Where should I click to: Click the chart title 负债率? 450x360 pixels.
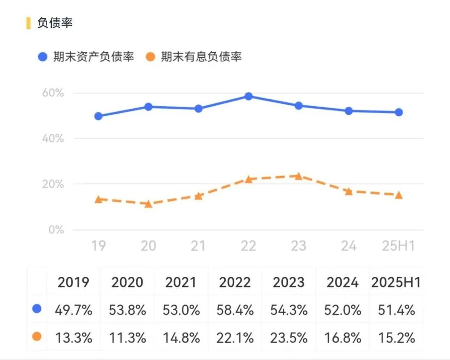click(55, 23)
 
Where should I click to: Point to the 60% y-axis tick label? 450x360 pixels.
click(53, 93)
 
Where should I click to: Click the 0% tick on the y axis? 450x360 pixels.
click(56, 230)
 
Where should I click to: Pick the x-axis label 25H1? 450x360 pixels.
click(398, 245)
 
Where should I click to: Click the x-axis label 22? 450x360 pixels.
click(248, 245)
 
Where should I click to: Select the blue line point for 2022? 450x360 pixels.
click(249, 96)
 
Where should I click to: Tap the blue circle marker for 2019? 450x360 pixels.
click(98, 116)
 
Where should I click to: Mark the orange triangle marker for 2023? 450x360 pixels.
click(298, 176)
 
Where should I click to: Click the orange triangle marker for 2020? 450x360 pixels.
click(149, 204)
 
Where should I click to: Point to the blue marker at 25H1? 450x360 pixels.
click(399, 112)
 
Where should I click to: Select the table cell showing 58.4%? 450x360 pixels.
click(235, 310)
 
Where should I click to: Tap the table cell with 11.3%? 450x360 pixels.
click(127, 338)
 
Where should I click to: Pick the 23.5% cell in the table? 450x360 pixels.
click(289, 338)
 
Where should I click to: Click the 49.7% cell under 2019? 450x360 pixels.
click(73, 310)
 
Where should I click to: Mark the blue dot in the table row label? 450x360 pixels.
click(37, 309)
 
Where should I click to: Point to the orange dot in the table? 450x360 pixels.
click(37, 337)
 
